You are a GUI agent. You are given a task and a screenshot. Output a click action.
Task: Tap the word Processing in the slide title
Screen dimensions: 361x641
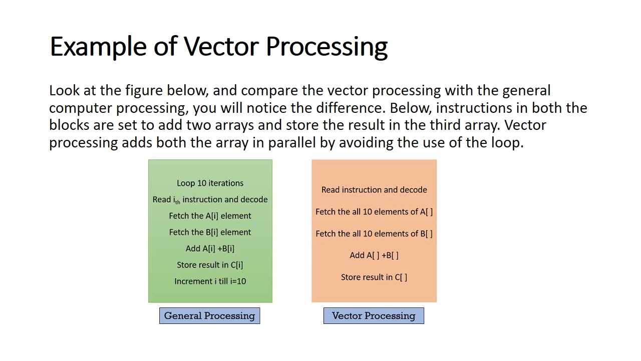click(327, 47)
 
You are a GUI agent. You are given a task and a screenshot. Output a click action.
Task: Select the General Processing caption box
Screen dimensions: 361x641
click(209, 316)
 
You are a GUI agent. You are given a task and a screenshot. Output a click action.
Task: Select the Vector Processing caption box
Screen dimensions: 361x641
click(374, 316)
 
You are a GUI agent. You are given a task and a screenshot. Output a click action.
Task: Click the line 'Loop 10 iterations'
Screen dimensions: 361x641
click(210, 183)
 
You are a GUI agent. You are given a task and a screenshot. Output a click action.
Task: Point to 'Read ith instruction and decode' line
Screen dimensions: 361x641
click(210, 200)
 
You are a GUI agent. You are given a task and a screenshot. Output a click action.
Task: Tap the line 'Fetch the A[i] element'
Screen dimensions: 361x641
click(210, 216)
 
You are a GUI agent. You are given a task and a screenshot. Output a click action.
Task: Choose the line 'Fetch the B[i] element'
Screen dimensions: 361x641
click(210, 232)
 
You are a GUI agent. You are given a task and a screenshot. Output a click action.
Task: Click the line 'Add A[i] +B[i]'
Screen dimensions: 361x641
click(210, 249)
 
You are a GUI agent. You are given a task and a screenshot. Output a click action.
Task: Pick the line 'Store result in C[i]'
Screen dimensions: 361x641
click(210, 265)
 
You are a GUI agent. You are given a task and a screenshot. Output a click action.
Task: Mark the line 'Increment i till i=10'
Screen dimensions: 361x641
click(210, 281)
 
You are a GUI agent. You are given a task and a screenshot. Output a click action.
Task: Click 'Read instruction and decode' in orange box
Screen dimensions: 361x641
click(374, 190)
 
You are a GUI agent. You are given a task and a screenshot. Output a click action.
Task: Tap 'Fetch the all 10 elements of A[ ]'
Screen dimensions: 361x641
click(374, 212)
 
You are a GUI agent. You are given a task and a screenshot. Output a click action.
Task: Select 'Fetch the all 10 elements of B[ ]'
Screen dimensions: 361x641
click(374, 234)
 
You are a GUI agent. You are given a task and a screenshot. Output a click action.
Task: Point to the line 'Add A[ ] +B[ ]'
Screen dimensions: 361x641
click(374, 255)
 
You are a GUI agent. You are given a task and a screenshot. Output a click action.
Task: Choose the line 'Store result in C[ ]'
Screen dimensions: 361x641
click(374, 277)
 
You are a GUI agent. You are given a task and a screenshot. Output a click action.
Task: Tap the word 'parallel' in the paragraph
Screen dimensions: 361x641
click(291, 143)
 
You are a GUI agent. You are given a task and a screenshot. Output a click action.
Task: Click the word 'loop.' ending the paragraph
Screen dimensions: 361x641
click(507, 143)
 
